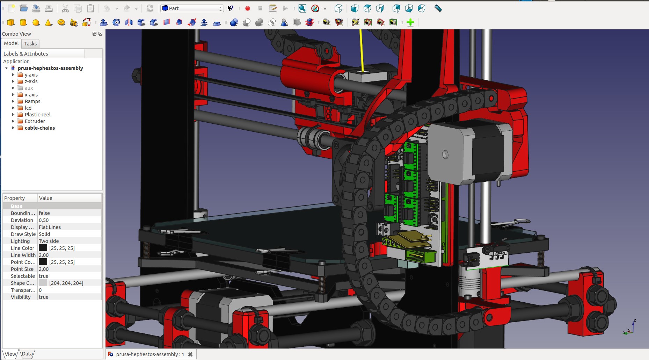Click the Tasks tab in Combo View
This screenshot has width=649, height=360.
[30, 44]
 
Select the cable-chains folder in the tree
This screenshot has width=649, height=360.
[39, 128]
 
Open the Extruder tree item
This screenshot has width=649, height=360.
[35, 121]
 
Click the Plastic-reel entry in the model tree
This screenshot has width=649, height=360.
[37, 115]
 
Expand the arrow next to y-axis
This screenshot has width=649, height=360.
[13, 75]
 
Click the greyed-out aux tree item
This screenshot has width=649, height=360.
[29, 88]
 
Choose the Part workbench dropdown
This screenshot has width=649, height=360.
[192, 8]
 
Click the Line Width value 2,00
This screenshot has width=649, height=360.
[44, 255]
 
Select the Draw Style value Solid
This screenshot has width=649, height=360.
[44, 234]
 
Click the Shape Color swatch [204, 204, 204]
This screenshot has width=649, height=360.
[43, 283]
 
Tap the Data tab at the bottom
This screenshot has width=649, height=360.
[27, 354]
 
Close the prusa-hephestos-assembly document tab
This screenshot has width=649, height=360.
[190, 354]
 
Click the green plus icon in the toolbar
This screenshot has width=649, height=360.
[410, 23]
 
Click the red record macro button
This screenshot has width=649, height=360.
[248, 8]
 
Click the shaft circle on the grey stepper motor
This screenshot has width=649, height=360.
[445, 154]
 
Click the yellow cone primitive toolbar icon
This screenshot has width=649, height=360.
[49, 23]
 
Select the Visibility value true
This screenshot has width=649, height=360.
[44, 297]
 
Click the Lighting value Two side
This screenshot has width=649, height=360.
[49, 241]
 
